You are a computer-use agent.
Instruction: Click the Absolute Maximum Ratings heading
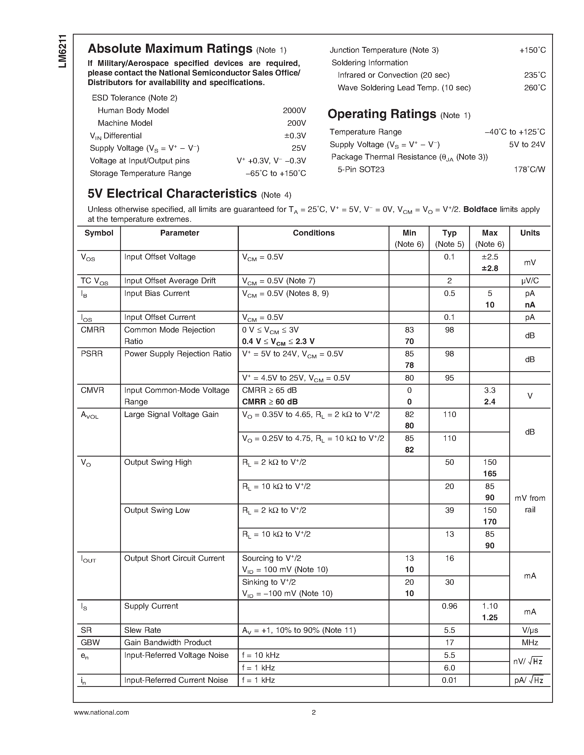click(x=170, y=49)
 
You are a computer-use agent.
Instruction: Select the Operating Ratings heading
click(x=382, y=114)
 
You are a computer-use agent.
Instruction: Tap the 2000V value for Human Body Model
click(x=294, y=110)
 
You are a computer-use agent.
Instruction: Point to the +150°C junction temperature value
click(x=532, y=50)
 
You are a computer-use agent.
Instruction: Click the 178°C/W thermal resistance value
click(x=529, y=169)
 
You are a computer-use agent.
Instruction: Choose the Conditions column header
click(x=314, y=233)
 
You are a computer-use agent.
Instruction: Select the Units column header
click(x=530, y=233)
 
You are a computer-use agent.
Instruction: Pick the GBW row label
click(x=90, y=642)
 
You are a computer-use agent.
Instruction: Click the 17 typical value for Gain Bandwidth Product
click(x=449, y=642)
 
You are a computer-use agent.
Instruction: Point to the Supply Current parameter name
click(x=151, y=606)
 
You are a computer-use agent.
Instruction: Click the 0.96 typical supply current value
click(x=449, y=606)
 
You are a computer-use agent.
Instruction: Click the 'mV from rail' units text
click(x=530, y=504)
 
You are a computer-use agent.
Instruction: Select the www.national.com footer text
click(x=101, y=712)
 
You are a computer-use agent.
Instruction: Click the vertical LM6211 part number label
click(x=63, y=51)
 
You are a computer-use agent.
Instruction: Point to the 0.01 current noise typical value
click(x=449, y=680)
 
